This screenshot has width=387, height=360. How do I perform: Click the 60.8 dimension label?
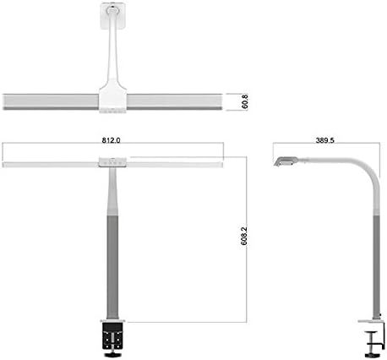click(x=245, y=101)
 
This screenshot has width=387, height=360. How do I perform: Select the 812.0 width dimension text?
click(x=111, y=140)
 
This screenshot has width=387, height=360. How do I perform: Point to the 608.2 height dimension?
click(x=244, y=236)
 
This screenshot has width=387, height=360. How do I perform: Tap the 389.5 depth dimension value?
click(x=324, y=140)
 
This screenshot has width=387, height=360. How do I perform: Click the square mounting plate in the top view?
click(x=113, y=15)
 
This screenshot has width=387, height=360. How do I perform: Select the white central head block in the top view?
click(x=112, y=97)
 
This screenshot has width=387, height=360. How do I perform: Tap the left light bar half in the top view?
click(x=51, y=101)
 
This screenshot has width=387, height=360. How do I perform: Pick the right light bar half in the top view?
click(x=175, y=101)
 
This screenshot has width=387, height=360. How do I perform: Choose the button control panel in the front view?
click(x=112, y=162)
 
